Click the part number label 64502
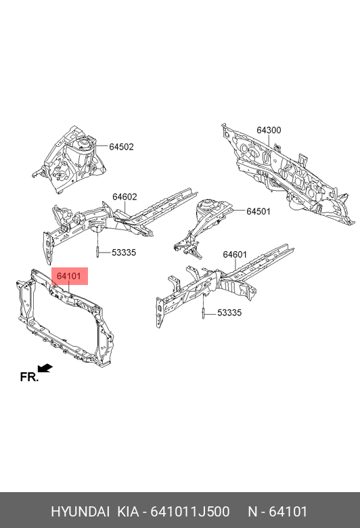coord(121,147)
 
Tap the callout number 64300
coord(269,130)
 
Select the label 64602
coord(125,197)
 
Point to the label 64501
coord(258,211)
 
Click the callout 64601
coord(235,255)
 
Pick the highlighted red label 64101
coord(69,276)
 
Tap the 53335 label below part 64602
coord(124,252)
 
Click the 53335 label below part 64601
coord(229,313)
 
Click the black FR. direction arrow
coord(45,368)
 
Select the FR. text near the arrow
coord(30,377)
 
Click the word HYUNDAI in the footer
coord(80,512)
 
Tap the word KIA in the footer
coord(128,512)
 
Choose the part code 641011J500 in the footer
coord(190,512)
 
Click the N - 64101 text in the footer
coord(278,512)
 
